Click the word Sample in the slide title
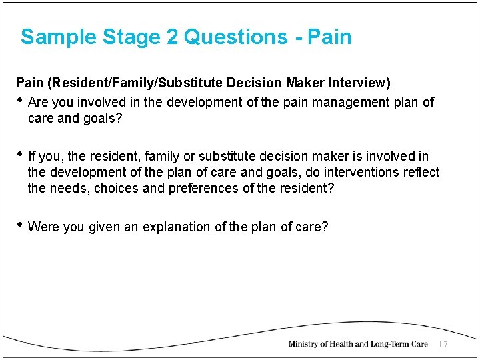[x=59, y=37]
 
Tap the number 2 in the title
[x=172, y=37]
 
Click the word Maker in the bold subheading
[x=306, y=83]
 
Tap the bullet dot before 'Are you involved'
[x=20, y=101]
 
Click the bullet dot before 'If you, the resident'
[x=20, y=155]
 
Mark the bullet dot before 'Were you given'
[x=20, y=226]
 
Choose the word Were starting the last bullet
[x=43, y=227]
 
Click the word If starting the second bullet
[x=33, y=156]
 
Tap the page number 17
[x=443, y=344]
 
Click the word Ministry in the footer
[x=307, y=344]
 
